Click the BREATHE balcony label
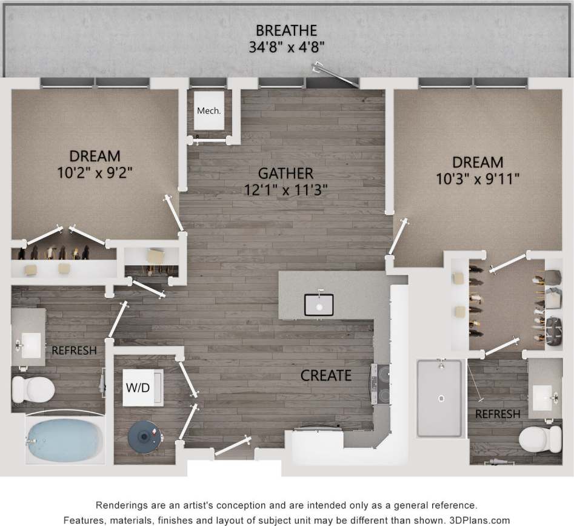click(287, 30)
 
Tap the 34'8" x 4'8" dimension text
click(287, 47)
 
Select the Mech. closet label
click(209, 111)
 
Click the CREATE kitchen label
click(326, 376)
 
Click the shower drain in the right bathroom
click(441, 399)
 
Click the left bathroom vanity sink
click(28, 345)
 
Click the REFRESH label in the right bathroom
click(497, 414)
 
